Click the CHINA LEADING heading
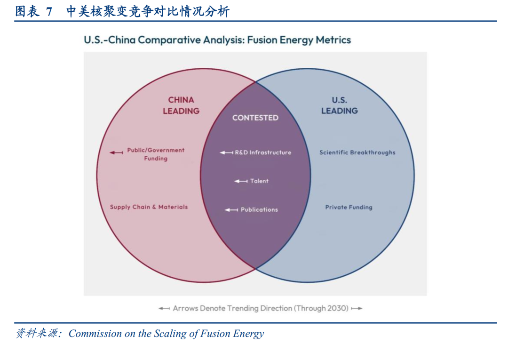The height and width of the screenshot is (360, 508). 181,105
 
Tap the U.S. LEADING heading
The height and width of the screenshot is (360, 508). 339,105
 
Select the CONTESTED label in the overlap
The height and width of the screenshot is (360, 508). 255,118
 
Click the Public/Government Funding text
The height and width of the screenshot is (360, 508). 156,154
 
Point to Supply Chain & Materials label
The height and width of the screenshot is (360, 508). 149,207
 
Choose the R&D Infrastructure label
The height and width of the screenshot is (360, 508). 263,152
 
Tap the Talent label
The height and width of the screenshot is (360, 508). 259,181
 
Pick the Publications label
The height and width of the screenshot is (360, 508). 259,210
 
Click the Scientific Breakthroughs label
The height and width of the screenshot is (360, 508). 357,152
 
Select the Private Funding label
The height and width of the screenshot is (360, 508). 349,207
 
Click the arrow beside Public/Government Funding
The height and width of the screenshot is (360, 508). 116,152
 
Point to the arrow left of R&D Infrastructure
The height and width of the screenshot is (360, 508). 226,152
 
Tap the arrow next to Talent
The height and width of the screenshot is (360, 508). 241,181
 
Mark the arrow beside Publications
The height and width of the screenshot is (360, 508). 231,210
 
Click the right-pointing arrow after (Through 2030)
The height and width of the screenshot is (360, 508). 357,309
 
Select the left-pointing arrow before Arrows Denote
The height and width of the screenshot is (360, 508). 164,309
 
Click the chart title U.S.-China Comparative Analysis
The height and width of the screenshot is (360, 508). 217,40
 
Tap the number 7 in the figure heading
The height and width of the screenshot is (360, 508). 49,12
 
